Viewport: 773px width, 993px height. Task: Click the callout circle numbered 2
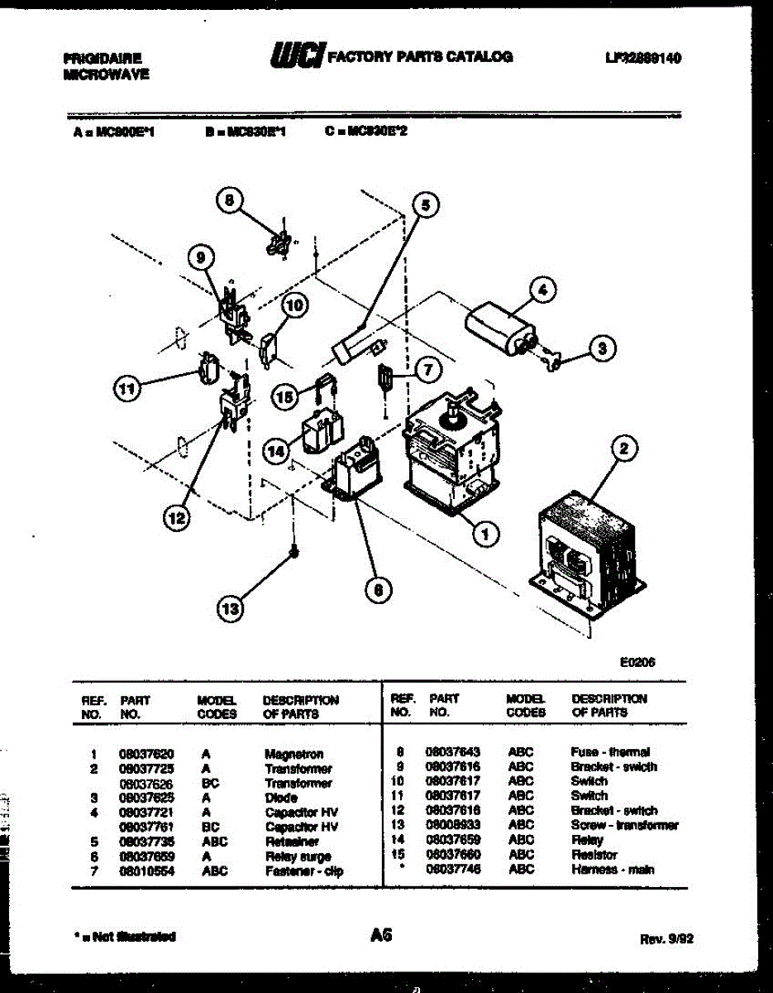624,449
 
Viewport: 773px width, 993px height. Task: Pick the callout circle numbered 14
279,451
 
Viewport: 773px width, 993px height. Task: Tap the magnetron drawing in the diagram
451,455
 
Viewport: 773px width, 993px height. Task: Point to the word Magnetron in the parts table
293,754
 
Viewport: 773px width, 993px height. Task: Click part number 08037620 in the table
146,754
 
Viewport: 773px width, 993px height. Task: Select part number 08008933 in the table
453,825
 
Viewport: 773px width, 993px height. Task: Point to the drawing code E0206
636,661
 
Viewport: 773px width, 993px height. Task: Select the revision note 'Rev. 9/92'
666,939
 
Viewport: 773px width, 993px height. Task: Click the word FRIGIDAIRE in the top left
102,59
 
